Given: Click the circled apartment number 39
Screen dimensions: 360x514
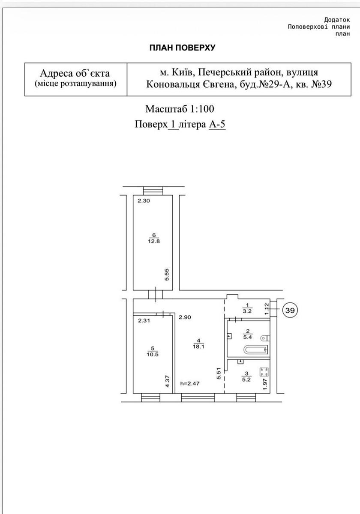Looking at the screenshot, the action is (290, 311).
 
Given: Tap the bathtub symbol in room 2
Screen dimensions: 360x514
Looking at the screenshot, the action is (255, 350).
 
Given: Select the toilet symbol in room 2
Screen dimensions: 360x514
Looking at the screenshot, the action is (265, 338).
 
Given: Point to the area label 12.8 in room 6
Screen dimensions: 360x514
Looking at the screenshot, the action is (154, 241).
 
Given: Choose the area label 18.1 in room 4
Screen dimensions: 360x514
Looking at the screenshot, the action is (198, 347).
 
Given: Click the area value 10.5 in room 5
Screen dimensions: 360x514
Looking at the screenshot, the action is (153, 354).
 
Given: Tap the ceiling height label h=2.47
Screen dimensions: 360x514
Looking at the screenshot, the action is (190, 383).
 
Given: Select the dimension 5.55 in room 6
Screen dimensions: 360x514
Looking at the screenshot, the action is (167, 275).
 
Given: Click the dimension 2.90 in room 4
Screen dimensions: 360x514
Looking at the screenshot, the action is (185, 317).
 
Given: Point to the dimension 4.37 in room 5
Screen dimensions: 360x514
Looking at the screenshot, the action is (168, 381).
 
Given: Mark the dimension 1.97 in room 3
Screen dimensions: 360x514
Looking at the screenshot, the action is (265, 384).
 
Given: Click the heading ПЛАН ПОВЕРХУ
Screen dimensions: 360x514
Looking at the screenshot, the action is (183, 48).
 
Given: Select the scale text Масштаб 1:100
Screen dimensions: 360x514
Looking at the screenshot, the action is (180, 109).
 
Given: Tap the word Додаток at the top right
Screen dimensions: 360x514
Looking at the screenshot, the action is (337, 20).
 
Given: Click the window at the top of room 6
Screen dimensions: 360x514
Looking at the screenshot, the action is (153, 191).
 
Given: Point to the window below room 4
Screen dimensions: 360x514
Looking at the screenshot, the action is (198, 397).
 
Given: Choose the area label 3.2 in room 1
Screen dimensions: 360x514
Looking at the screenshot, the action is (247, 311).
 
